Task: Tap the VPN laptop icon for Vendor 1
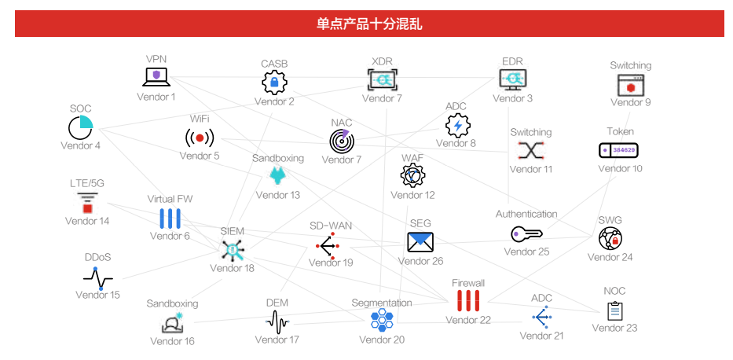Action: [x=156, y=77]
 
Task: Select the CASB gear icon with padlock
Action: [x=274, y=81]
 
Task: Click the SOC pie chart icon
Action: [x=80, y=127]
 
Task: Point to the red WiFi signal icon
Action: [x=200, y=138]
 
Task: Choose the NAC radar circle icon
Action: [x=342, y=141]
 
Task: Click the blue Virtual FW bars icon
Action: [x=170, y=219]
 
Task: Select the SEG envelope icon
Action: [x=420, y=241]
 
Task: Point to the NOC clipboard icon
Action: [x=614, y=310]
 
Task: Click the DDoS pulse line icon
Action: [x=97, y=278]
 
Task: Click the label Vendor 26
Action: [x=420, y=261]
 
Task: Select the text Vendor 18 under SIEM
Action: [x=232, y=268]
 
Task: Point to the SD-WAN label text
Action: [x=330, y=226]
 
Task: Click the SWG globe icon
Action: [x=610, y=238]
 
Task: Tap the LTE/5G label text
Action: [x=86, y=183]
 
